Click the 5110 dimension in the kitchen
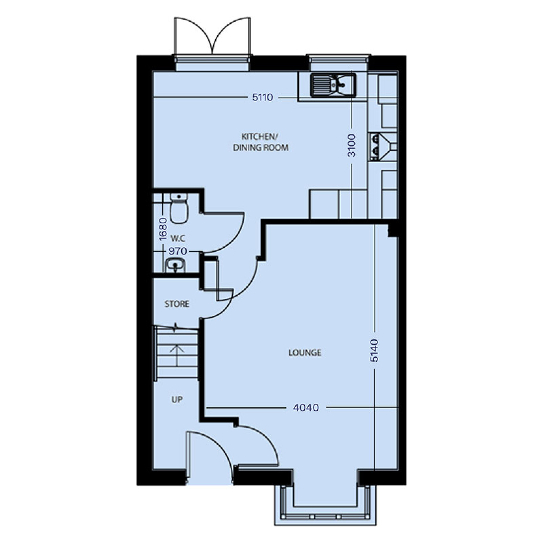(263, 98)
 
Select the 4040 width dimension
(306, 408)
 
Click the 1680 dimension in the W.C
(163, 229)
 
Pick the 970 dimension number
(178, 251)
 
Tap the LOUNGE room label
(305, 353)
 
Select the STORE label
(177, 304)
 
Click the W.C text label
(178, 238)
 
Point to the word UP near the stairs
(177, 400)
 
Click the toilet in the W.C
(178, 208)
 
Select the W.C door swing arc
(226, 232)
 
